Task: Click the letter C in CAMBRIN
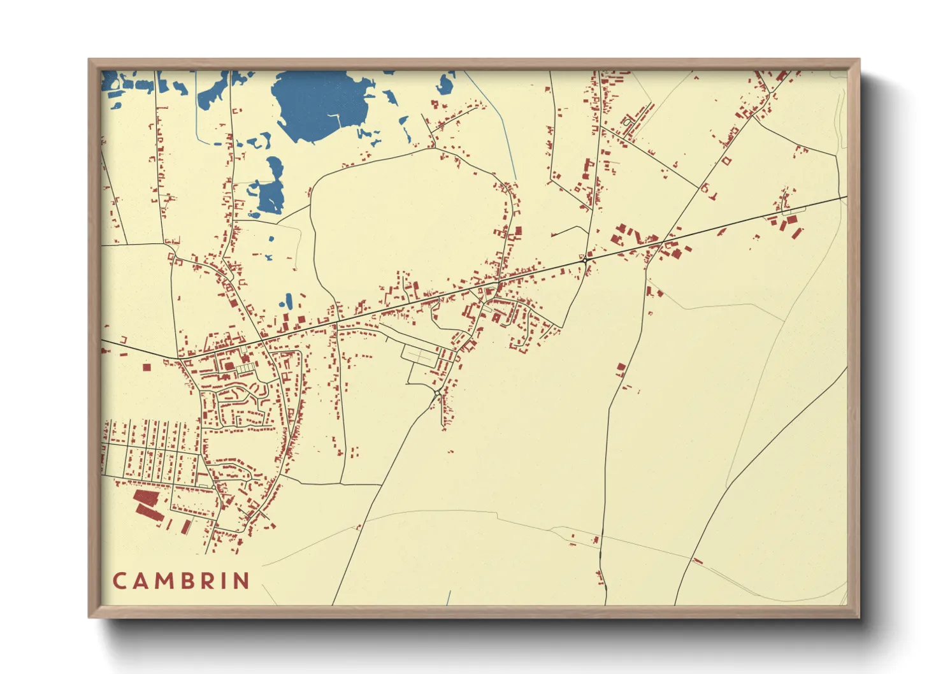[120, 581]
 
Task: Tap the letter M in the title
[163, 581]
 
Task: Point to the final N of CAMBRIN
[241, 581]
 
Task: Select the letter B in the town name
[185, 581]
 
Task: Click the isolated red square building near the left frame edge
[147, 367]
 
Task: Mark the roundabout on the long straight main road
[584, 261]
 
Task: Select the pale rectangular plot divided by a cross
[418, 355]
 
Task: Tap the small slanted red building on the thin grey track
[697, 561]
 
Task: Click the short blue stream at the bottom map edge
[449, 598]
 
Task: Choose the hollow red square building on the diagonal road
[726, 161]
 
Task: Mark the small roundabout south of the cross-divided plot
[438, 391]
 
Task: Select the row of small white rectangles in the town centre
[244, 369]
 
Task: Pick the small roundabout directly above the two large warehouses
[213, 487]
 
